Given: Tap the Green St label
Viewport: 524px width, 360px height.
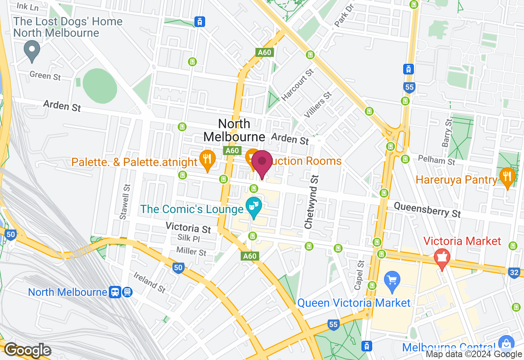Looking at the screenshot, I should point(45,76).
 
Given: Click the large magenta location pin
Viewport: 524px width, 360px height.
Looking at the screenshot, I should point(262,163).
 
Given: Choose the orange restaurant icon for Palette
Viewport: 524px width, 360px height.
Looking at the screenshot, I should point(208,159).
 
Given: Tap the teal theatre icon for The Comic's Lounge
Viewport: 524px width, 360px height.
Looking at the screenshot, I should point(253,207).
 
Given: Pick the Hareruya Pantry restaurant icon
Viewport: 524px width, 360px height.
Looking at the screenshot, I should point(507,177).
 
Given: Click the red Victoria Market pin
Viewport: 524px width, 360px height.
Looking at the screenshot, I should point(442,259).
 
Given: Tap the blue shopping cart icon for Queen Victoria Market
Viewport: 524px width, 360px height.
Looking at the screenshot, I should point(392,281).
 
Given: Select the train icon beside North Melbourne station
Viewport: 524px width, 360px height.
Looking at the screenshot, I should point(115,292).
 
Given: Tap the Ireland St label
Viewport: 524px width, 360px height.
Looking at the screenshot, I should point(149,283).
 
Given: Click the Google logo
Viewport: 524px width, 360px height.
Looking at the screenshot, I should point(27,351).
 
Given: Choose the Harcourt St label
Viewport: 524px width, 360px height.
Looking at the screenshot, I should point(298,85).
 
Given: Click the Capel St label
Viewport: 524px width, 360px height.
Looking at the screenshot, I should point(358,275).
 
